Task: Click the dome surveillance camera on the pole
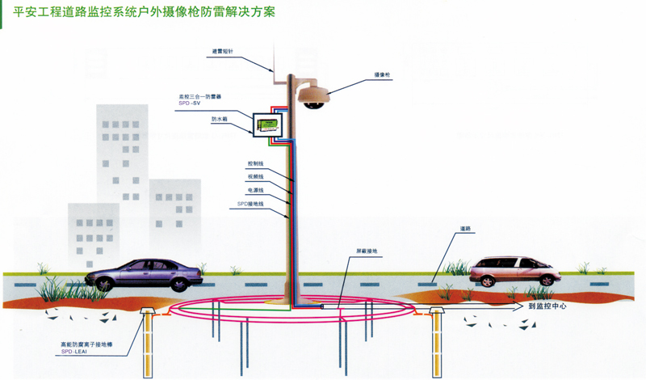pyautogui.click(x=314, y=95)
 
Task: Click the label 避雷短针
pyautogui.click(x=222, y=51)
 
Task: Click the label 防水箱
pyautogui.click(x=220, y=119)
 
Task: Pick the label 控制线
pyautogui.click(x=255, y=163)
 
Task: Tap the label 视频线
pyautogui.click(x=255, y=176)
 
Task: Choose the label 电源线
pyautogui.click(x=255, y=190)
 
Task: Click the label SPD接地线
pyautogui.click(x=250, y=204)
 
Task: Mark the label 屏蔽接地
pyautogui.click(x=367, y=251)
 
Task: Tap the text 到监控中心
pyautogui.click(x=548, y=306)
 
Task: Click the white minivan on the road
pyautogui.click(x=514, y=270)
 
